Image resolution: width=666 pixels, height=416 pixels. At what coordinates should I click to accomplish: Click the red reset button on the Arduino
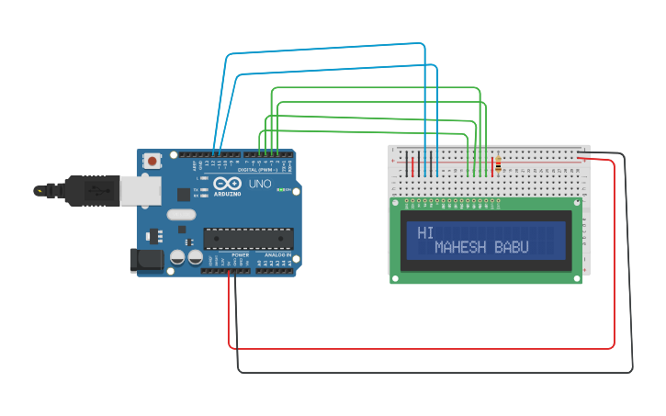point(152,161)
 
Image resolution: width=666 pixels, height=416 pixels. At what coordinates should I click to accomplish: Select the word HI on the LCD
point(425,233)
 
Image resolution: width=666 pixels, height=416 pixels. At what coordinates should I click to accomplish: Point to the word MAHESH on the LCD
point(462,248)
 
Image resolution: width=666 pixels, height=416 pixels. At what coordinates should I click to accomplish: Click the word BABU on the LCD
point(513,248)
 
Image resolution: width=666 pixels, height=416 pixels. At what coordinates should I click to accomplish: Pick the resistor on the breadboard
point(498,165)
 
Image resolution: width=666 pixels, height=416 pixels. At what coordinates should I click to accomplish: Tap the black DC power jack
point(147,260)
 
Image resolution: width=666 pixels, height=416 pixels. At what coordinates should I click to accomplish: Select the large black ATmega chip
point(249,238)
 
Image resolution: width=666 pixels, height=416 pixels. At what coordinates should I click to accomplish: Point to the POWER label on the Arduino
point(240,254)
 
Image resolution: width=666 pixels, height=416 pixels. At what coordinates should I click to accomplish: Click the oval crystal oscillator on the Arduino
point(181,215)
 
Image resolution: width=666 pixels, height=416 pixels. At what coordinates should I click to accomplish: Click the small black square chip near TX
point(184,195)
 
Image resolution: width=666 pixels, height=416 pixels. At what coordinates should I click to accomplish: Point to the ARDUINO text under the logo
point(228,194)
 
